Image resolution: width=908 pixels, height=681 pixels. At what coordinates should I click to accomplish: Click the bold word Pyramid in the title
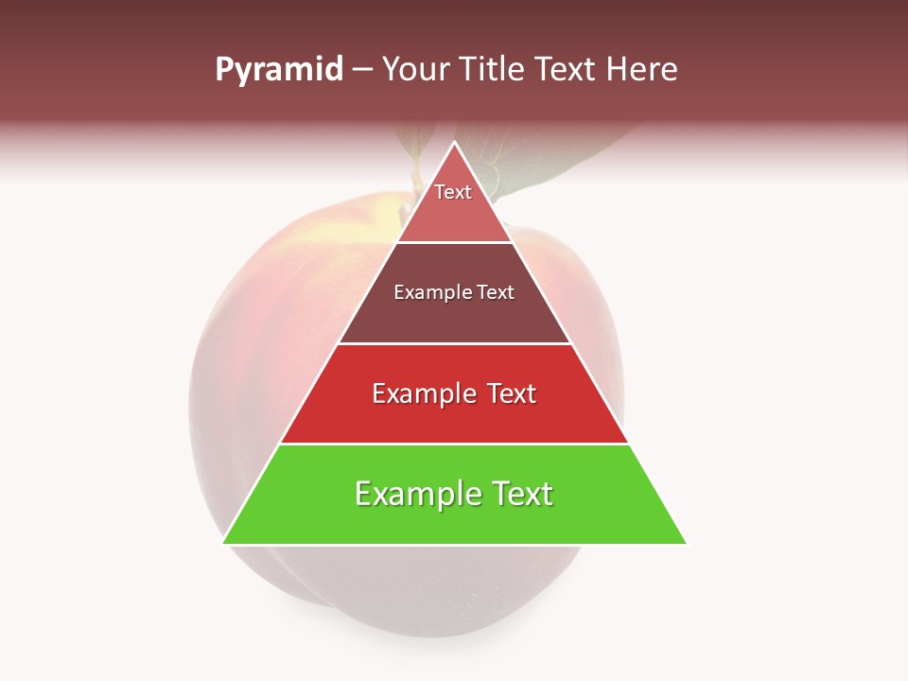[279, 70]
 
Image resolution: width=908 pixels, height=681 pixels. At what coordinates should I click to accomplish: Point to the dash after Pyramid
[362, 70]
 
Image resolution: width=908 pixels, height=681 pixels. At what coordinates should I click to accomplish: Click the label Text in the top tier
[453, 192]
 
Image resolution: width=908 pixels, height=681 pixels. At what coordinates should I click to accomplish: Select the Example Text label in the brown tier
[454, 292]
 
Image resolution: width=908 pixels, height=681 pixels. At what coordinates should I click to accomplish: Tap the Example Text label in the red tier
[454, 393]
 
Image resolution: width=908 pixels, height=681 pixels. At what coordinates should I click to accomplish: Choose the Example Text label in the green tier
[454, 494]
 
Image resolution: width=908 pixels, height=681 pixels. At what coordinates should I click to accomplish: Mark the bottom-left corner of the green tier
[224, 543]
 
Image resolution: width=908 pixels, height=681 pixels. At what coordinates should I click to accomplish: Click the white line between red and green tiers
[454, 444]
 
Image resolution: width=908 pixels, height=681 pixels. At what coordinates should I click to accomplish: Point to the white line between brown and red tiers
[454, 343]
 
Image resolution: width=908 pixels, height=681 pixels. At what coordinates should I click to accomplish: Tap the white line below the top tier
[454, 242]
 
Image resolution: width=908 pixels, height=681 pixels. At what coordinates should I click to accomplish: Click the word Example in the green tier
[415, 494]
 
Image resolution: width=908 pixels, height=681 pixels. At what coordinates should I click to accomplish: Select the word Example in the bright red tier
[422, 393]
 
